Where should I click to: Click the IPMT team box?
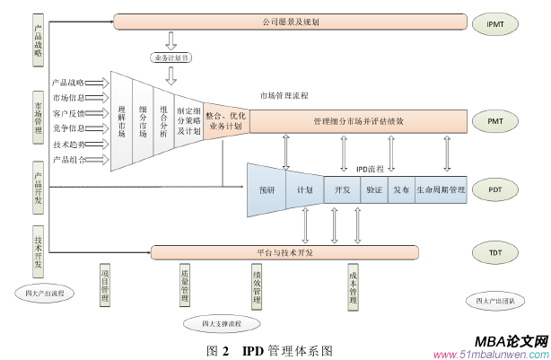click(495, 23)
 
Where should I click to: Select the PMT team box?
click(495, 119)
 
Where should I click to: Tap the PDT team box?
click(495, 189)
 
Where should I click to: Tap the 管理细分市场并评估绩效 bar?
click(358, 120)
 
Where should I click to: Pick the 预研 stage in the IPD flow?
click(267, 190)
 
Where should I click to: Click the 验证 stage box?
click(373, 190)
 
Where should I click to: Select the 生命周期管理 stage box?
click(440, 190)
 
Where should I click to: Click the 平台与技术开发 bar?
click(284, 253)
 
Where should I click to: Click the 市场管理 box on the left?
click(38, 118)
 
